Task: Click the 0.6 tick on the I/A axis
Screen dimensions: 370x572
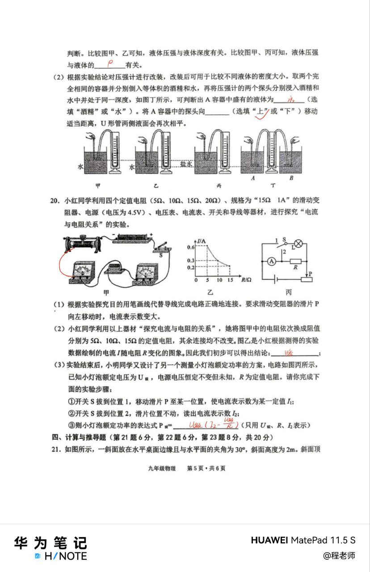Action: point(191,247)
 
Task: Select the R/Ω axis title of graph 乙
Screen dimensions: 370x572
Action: point(247,280)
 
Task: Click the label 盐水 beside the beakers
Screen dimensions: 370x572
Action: point(186,164)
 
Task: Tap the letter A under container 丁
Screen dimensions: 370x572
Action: point(253,178)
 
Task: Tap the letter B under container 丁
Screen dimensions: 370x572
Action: point(291,178)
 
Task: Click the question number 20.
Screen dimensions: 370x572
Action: point(55,201)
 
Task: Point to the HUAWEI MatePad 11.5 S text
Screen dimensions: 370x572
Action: point(303,540)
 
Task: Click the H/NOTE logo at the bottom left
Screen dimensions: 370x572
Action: point(60,556)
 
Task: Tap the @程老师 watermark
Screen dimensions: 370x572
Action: point(339,555)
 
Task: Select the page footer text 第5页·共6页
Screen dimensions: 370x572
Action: point(206,468)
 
